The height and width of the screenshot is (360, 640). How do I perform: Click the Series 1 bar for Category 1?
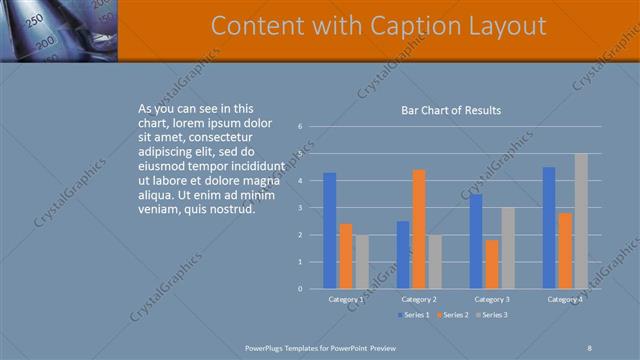[x=330, y=231]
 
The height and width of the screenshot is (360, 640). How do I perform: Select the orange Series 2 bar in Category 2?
[x=418, y=229]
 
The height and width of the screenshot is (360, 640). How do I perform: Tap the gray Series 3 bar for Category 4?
[x=581, y=221]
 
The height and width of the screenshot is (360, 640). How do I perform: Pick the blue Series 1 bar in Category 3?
[x=476, y=241]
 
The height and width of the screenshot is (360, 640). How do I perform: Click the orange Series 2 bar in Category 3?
[x=491, y=264]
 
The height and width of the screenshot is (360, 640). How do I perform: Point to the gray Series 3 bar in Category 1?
[x=361, y=262]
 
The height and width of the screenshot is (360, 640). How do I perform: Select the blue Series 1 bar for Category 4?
[x=549, y=228]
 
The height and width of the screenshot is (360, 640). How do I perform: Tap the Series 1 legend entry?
[x=415, y=315]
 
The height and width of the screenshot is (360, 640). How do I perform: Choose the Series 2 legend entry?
[x=452, y=315]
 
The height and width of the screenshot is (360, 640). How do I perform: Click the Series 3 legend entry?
[x=490, y=315]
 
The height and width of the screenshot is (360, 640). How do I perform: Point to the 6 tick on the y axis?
[x=300, y=127]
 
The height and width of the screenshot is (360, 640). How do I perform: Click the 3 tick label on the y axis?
[x=300, y=208]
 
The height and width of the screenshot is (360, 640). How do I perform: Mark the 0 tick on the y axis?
[x=300, y=289]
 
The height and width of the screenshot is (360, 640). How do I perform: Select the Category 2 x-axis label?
[x=418, y=299]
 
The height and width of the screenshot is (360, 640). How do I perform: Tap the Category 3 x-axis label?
[x=491, y=299]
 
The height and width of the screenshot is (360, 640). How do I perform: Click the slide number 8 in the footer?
[x=590, y=347]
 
